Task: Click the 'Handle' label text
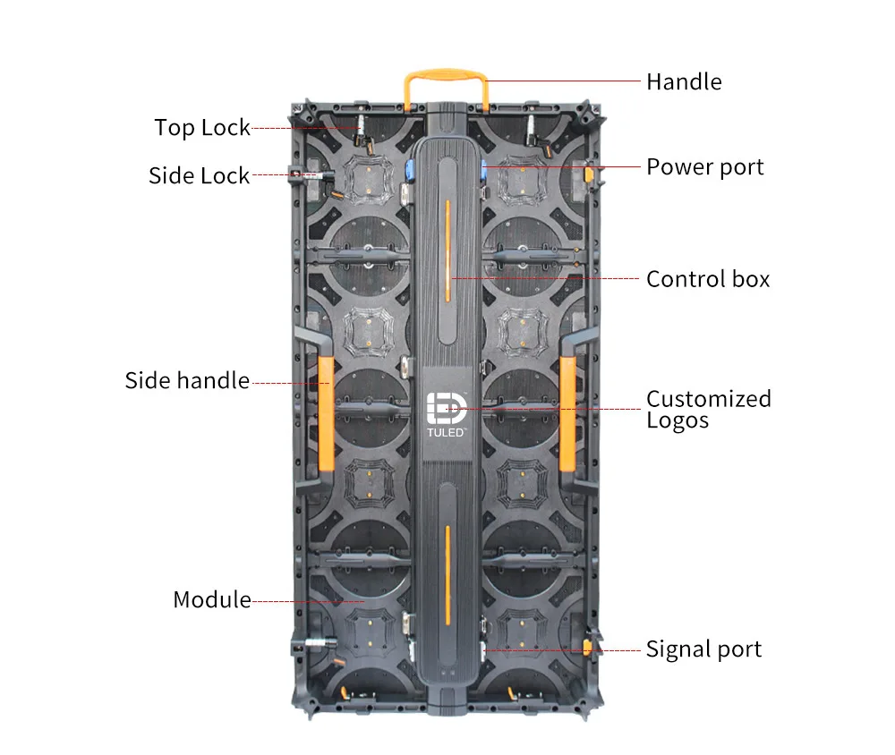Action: point(684,82)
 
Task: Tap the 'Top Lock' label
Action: point(202,128)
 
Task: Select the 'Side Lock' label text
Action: point(199,175)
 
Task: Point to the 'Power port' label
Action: point(705,167)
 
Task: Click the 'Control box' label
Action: point(708,279)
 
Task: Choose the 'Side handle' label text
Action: point(187,381)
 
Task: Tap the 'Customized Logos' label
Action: point(708,410)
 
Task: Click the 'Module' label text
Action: point(212,599)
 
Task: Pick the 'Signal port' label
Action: point(703,649)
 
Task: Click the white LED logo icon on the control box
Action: point(444,407)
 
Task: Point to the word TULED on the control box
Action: point(444,433)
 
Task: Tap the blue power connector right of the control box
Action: point(482,170)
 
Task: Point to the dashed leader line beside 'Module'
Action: point(304,601)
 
